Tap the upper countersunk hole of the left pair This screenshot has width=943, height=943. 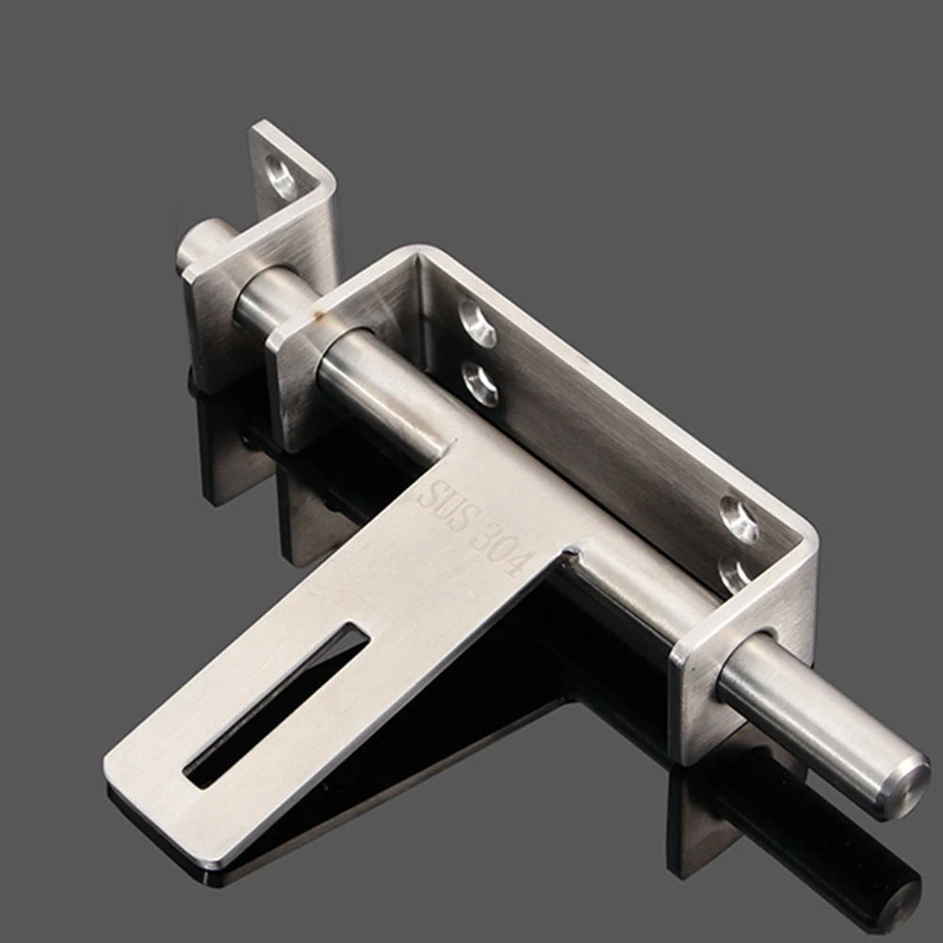(x=478, y=325)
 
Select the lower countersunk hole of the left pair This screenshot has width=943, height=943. (x=480, y=383)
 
